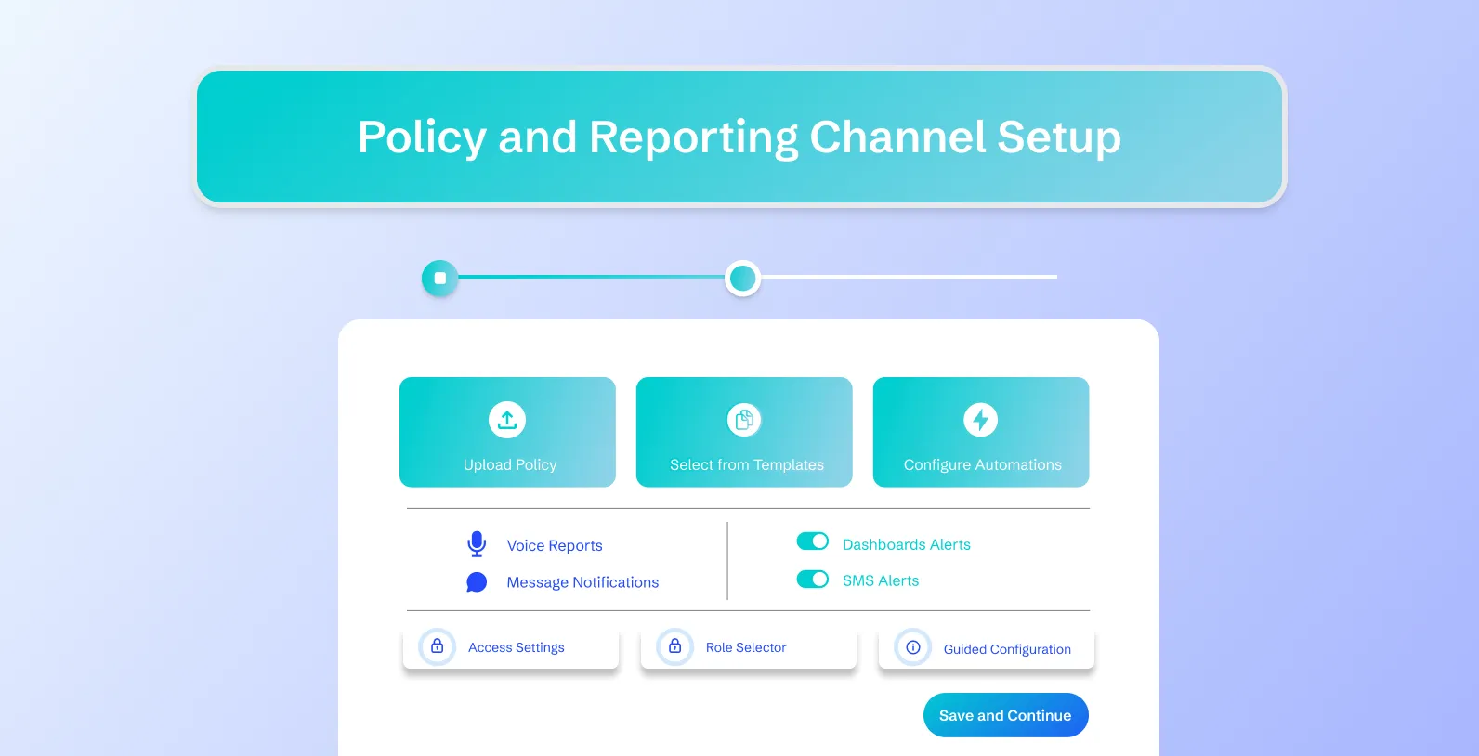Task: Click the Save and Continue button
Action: coord(1005,715)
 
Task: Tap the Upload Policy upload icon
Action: coord(507,420)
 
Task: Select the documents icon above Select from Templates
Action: coord(744,420)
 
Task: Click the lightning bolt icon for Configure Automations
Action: coord(981,420)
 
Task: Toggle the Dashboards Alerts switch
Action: coord(813,541)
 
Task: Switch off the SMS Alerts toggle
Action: coord(813,580)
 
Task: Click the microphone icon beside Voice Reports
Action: coord(477,544)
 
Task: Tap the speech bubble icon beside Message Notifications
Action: coord(477,582)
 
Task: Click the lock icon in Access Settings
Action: coord(438,646)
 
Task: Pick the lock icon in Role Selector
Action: coord(675,646)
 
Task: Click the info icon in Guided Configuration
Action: coord(913,647)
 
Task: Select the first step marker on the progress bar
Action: coord(440,278)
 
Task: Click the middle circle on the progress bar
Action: coord(742,278)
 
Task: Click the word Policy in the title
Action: coord(422,137)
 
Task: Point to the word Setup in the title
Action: coord(1059,137)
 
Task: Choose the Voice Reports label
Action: coord(555,545)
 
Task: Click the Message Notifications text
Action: coord(582,582)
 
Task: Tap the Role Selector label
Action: coord(746,647)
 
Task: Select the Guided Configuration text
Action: coord(1007,649)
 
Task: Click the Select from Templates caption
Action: coord(747,464)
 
